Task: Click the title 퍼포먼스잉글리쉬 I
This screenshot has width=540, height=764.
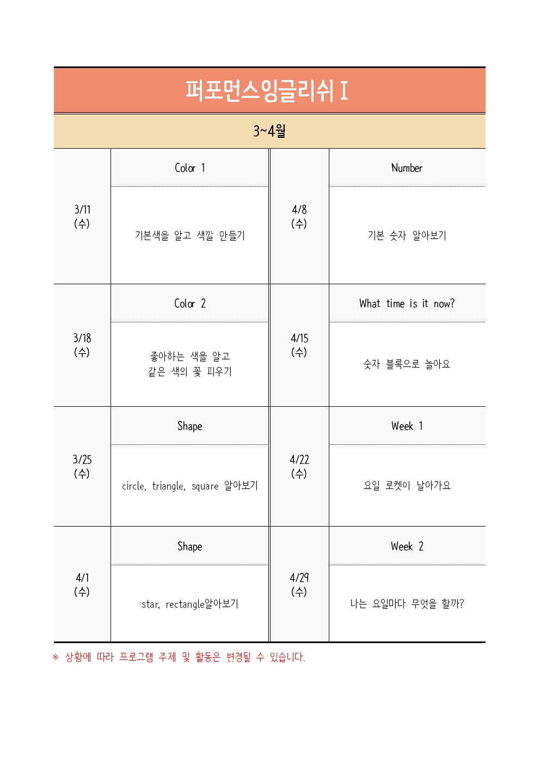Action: click(267, 90)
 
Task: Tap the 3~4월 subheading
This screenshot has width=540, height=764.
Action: click(269, 131)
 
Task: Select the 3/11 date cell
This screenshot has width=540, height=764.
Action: click(82, 216)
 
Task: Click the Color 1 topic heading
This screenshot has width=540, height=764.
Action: click(189, 168)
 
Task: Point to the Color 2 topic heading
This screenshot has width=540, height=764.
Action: click(189, 303)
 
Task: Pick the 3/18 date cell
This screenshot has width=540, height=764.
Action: click(82, 345)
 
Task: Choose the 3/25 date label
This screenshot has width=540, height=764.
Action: click(82, 466)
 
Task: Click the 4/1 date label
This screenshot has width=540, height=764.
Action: click(82, 584)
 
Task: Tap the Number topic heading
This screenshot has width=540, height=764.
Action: click(407, 168)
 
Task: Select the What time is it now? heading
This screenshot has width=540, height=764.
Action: click(407, 303)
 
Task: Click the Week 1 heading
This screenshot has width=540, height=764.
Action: click(407, 426)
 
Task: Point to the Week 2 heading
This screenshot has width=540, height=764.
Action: click(407, 546)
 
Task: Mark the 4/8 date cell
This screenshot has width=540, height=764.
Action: click(299, 216)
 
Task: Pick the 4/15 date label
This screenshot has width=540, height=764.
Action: click(299, 345)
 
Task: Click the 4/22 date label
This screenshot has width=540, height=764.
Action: click(299, 466)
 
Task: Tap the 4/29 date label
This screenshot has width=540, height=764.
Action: click(299, 584)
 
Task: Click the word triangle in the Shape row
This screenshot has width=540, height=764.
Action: click(169, 486)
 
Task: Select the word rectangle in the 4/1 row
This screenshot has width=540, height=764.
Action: click(185, 604)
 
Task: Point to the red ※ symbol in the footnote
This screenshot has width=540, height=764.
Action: click(56, 657)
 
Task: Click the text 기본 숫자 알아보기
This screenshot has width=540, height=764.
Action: click(407, 235)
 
